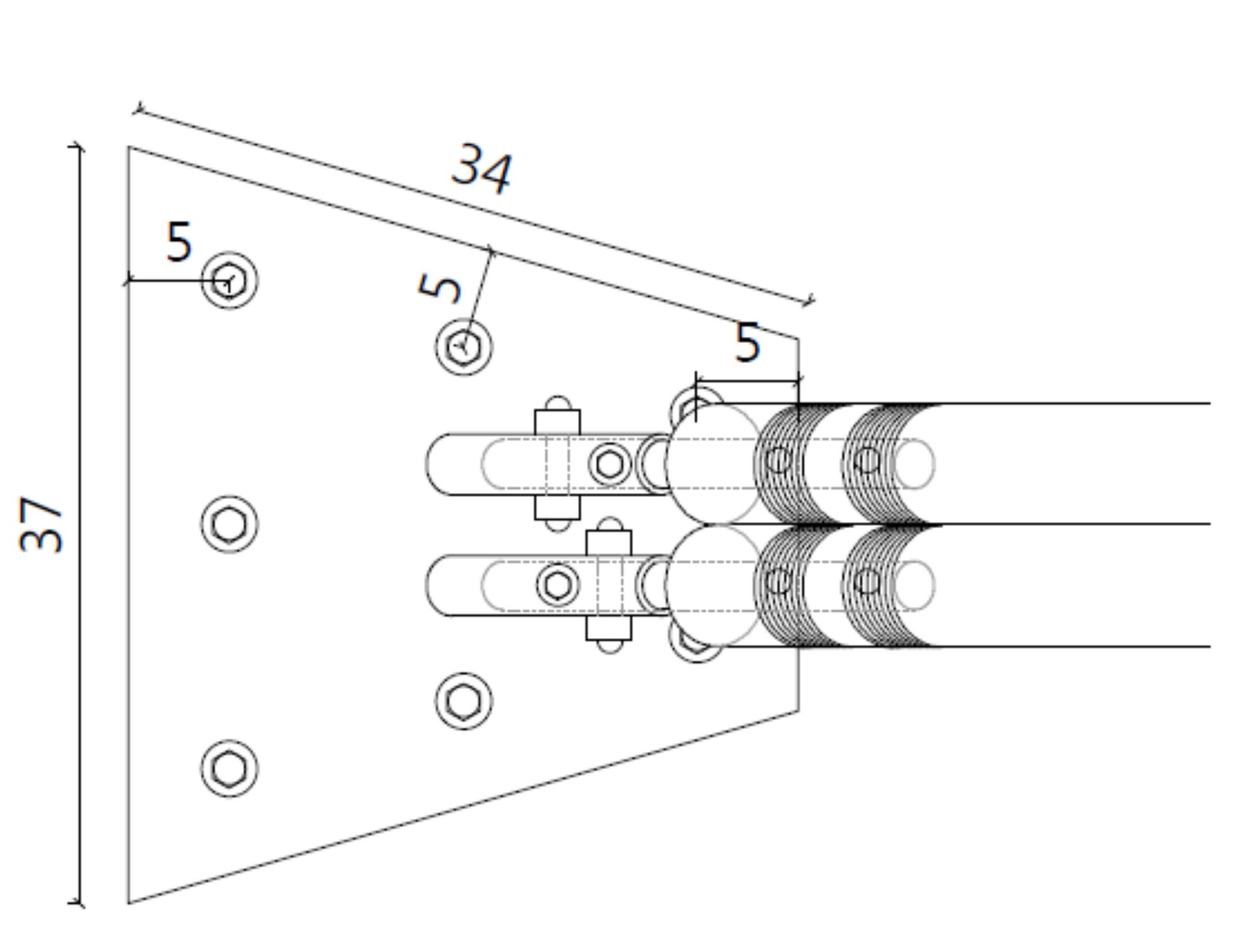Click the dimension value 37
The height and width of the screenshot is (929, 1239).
tap(41, 524)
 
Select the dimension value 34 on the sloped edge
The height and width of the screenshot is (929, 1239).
tap(483, 168)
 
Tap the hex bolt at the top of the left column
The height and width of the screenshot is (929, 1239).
tap(229, 281)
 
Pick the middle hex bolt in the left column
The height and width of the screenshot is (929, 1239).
tap(229, 525)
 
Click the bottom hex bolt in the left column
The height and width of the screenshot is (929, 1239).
tap(229, 769)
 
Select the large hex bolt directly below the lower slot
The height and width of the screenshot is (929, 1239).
tap(464, 701)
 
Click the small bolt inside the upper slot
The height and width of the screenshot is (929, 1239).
tap(610, 464)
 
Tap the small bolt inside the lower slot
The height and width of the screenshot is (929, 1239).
tap(558, 585)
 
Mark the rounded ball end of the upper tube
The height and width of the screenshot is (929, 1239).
tap(712, 464)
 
